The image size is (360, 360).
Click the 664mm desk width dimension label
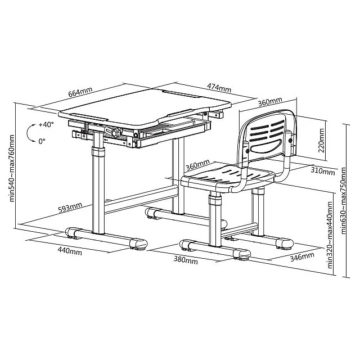80,92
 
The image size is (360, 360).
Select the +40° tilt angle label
46,125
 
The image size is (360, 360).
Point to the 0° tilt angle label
42,141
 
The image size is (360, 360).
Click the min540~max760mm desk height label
12,168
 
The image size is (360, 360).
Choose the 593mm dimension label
70,208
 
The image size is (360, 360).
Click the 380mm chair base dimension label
186,260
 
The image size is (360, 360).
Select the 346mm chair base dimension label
302,257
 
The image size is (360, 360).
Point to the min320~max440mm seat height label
330,235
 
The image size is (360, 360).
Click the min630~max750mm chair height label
344,201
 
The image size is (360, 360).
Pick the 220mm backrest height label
321,141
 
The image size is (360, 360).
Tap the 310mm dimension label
323,170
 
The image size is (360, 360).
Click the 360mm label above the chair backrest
270,102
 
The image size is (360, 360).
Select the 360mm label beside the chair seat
197,165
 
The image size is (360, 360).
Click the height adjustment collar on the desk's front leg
98,152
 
